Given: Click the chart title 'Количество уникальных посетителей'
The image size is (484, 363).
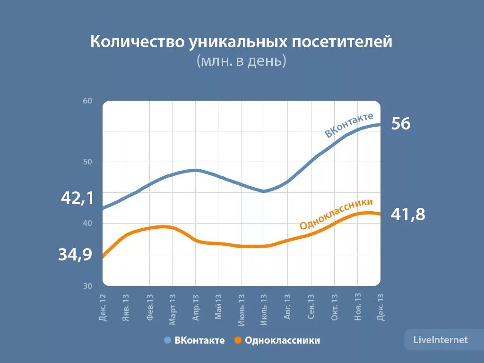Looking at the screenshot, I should [242, 42].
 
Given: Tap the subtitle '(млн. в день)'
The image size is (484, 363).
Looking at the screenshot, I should [242, 61].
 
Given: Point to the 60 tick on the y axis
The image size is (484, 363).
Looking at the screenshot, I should [88, 101].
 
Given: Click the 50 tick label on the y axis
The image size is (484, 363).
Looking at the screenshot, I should [88, 162].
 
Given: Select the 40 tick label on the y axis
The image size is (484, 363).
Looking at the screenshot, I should [88, 224].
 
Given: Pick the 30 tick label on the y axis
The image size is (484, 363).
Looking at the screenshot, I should [88, 285].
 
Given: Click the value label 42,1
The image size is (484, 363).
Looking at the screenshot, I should [78, 198].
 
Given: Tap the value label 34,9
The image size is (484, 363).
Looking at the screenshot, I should [76, 255].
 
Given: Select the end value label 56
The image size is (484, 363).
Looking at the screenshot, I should [401, 124].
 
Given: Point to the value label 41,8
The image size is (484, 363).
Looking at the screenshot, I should [408, 215].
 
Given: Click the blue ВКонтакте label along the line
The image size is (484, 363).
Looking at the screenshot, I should [349, 125].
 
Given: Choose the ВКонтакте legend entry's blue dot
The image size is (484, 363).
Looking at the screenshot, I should [167, 340].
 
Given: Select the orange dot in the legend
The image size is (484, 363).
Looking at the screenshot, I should [238, 340].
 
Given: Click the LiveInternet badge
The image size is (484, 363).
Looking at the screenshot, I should [440, 340].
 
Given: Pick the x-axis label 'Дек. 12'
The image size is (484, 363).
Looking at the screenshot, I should [103, 307].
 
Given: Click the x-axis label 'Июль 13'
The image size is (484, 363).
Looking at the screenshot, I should [264, 308].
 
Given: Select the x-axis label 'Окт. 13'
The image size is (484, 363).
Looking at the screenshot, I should [334, 307].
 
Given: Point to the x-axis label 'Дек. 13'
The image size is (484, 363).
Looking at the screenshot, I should [380, 307].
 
